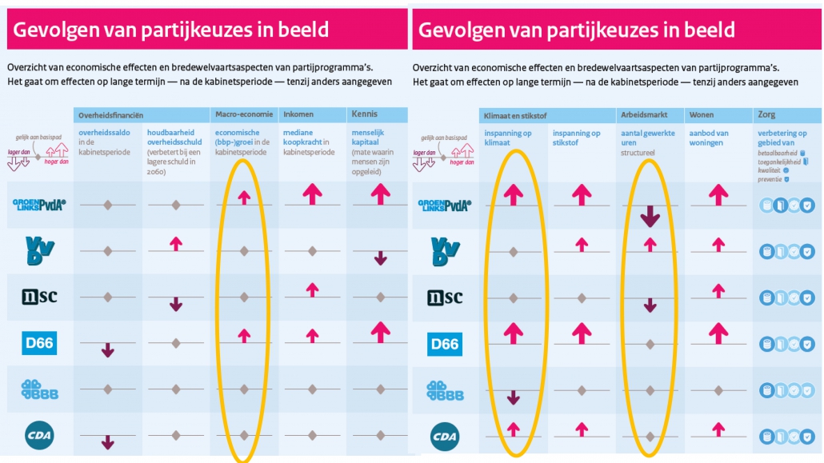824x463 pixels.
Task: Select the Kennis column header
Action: coord(365,114)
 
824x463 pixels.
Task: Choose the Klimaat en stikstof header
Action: coord(516,116)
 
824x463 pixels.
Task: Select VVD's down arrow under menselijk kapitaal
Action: coord(381,257)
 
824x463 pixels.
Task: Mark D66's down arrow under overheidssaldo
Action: coord(107,349)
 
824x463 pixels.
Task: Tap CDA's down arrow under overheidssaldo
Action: coord(107,441)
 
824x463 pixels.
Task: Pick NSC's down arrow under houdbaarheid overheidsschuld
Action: coord(176,304)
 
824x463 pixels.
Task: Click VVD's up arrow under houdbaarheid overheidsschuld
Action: coord(176,243)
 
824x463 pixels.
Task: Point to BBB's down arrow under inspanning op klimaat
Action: coord(514,397)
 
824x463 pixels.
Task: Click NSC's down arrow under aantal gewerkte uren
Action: coord(650,304)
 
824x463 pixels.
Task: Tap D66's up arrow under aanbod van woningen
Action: coord(718,332)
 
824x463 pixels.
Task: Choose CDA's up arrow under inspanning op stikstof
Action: coord(582,429)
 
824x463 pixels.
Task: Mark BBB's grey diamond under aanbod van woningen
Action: coord(718,390)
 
